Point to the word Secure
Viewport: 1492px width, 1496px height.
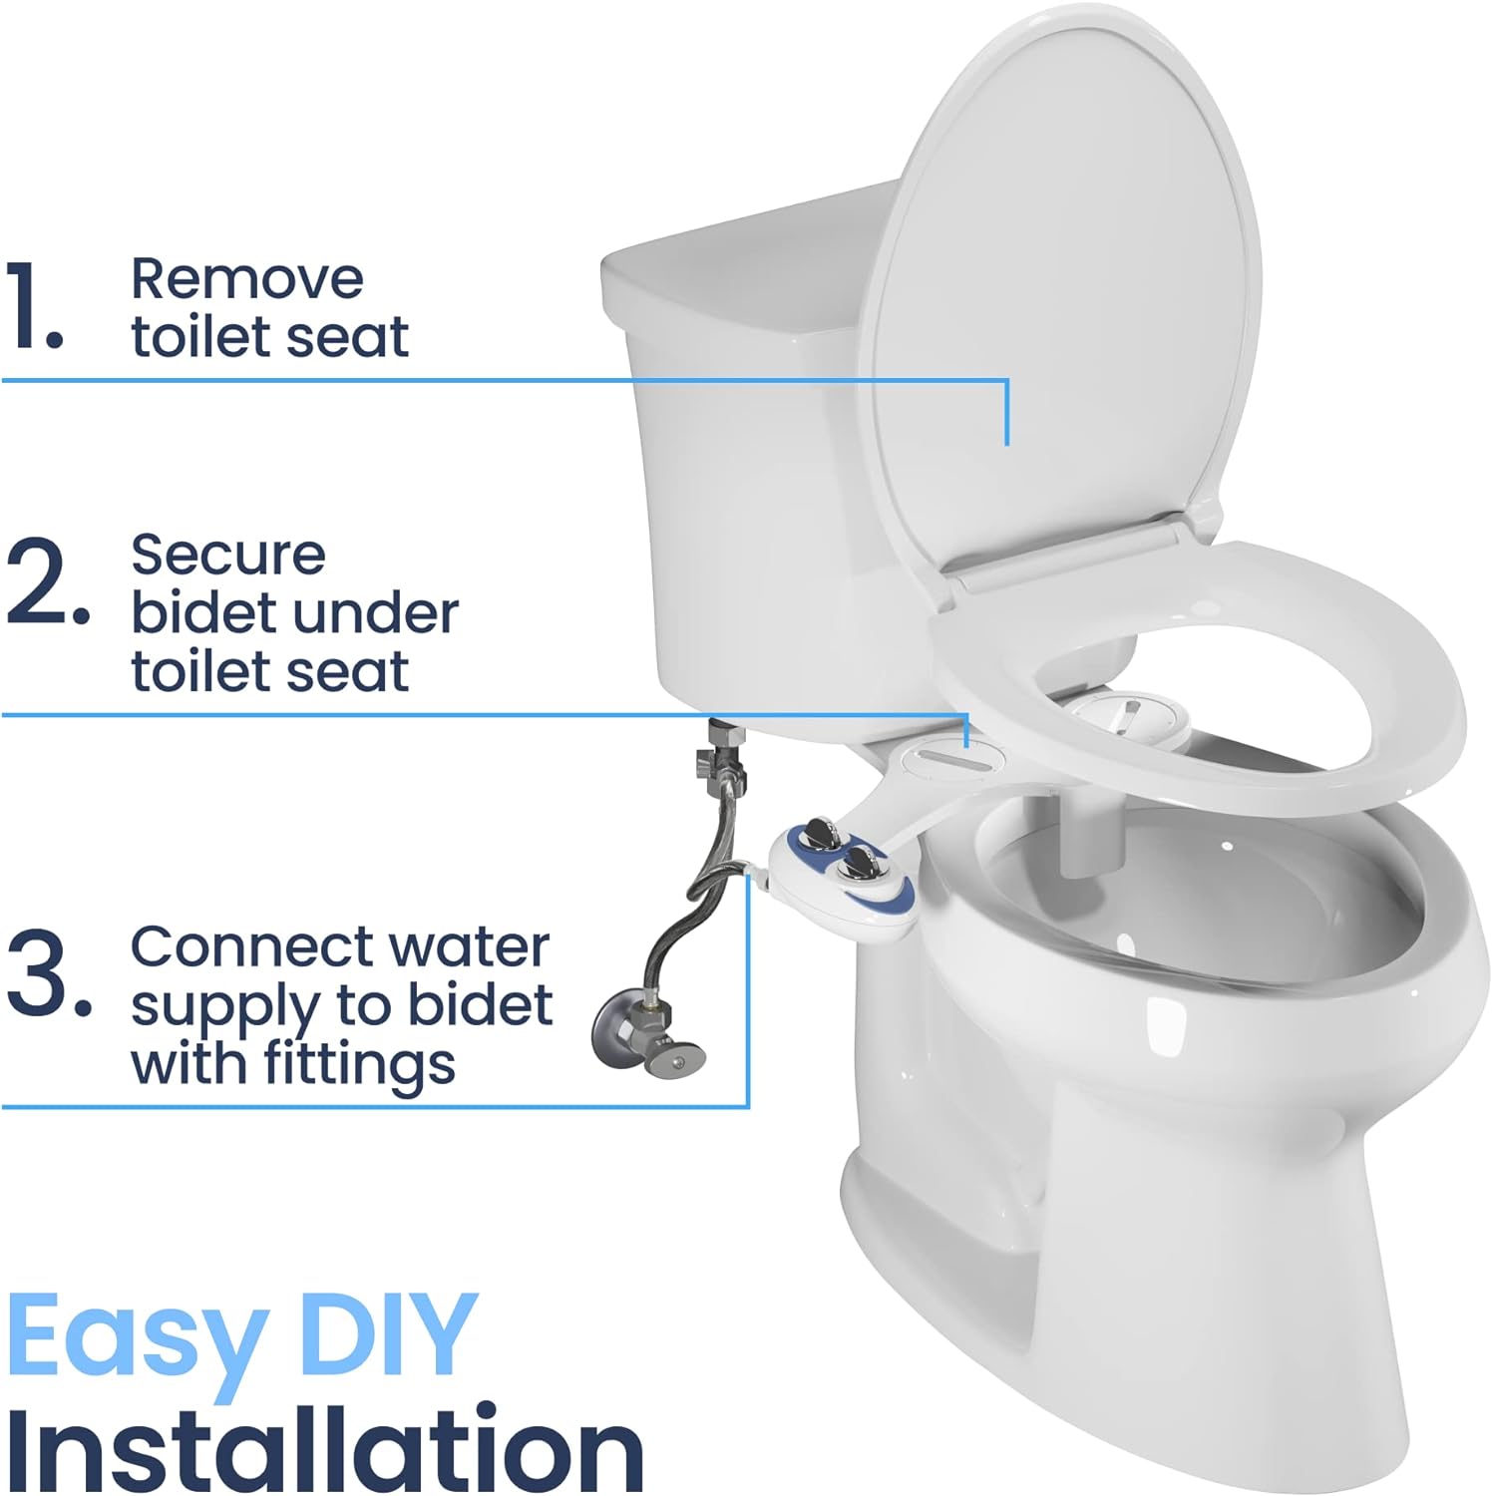tap(227, 555)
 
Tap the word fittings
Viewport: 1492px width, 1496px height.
tap(359, 1064)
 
